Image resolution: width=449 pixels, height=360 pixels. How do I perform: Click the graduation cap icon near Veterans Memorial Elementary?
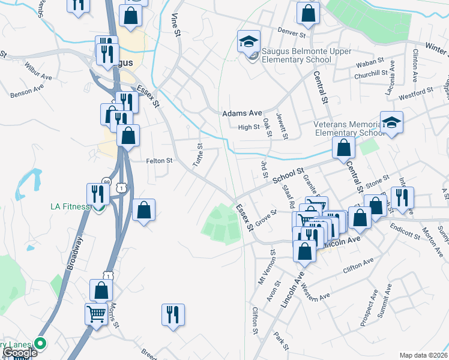coord(391,123)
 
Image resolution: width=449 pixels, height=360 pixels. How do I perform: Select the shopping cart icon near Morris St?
coord(97,312)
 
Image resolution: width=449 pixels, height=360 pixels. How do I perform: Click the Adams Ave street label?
coord(243,113)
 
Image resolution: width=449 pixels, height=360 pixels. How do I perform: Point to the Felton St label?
coord(159,161)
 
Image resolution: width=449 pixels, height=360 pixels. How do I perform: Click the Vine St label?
coord(176,25)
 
